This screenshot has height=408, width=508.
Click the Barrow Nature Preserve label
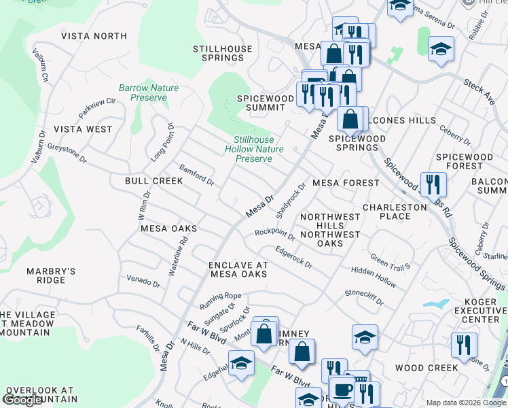[143, 92]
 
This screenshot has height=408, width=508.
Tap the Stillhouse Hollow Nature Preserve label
[254, 149]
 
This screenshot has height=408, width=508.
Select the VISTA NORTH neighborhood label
[94, 35]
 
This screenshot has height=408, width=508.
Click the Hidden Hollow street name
[374, 275]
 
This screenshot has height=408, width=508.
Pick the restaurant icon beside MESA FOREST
[433, 184]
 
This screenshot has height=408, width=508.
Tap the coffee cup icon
[342, 390]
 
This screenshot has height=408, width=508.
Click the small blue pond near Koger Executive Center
[435, 303]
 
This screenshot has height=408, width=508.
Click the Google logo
[22, 400]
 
